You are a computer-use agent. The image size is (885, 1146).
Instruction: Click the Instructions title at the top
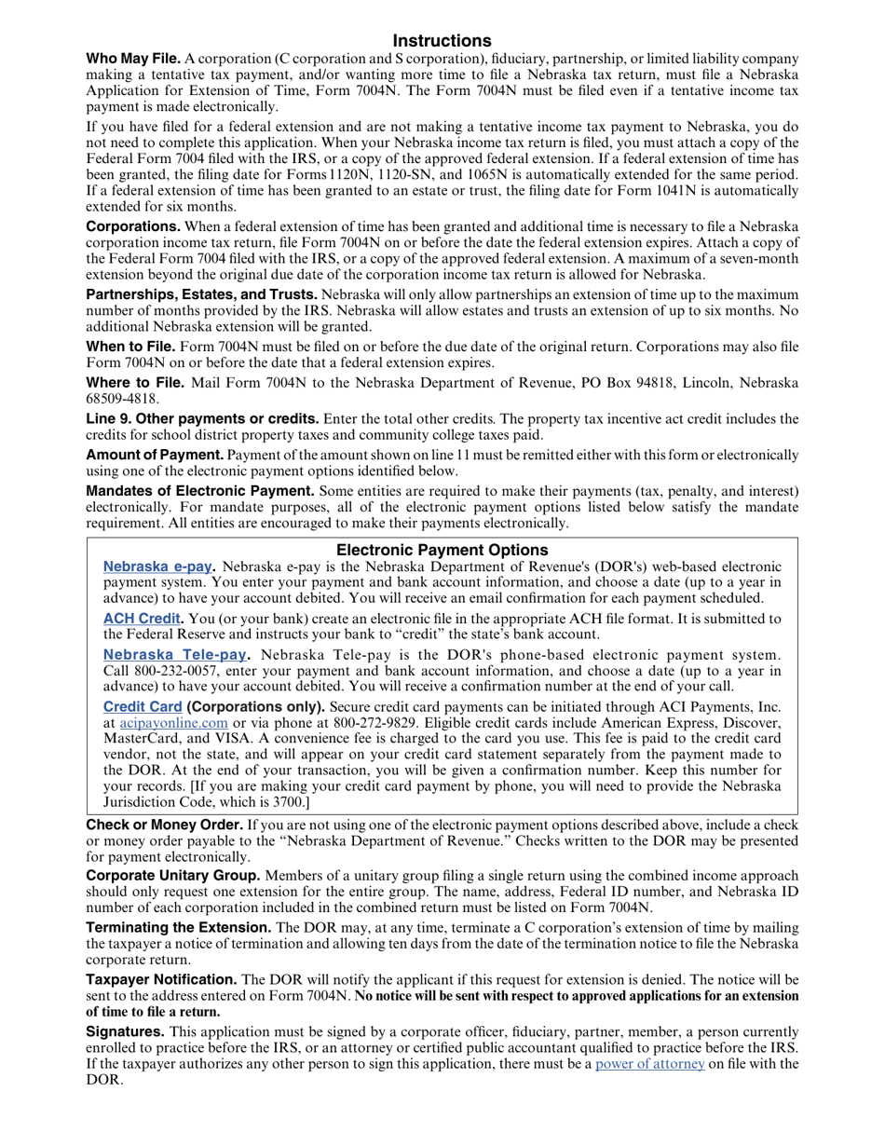(442, 40)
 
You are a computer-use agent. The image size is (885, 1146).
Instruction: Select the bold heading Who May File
(132, 59)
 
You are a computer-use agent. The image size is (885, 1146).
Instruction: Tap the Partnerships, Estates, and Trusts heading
(201, 294)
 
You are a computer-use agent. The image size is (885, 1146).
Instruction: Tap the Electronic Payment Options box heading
(442, 550)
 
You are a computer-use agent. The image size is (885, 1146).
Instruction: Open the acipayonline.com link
(174, 722)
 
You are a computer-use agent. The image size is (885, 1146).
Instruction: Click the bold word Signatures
(126, 1031)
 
